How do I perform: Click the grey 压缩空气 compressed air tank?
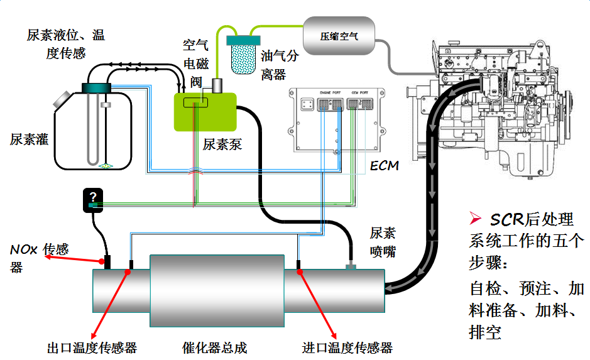[x=339, y=36]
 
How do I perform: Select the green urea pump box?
[x=205, y=112]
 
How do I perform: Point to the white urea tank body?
[x=94, y=132]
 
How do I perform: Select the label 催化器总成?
[x=214, y=347]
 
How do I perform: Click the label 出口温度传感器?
[x=92, y=347]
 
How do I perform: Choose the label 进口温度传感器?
[x=347, y=347]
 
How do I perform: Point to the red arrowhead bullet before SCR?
[x=475, y=219]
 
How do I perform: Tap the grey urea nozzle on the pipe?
[x=351, y=268]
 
